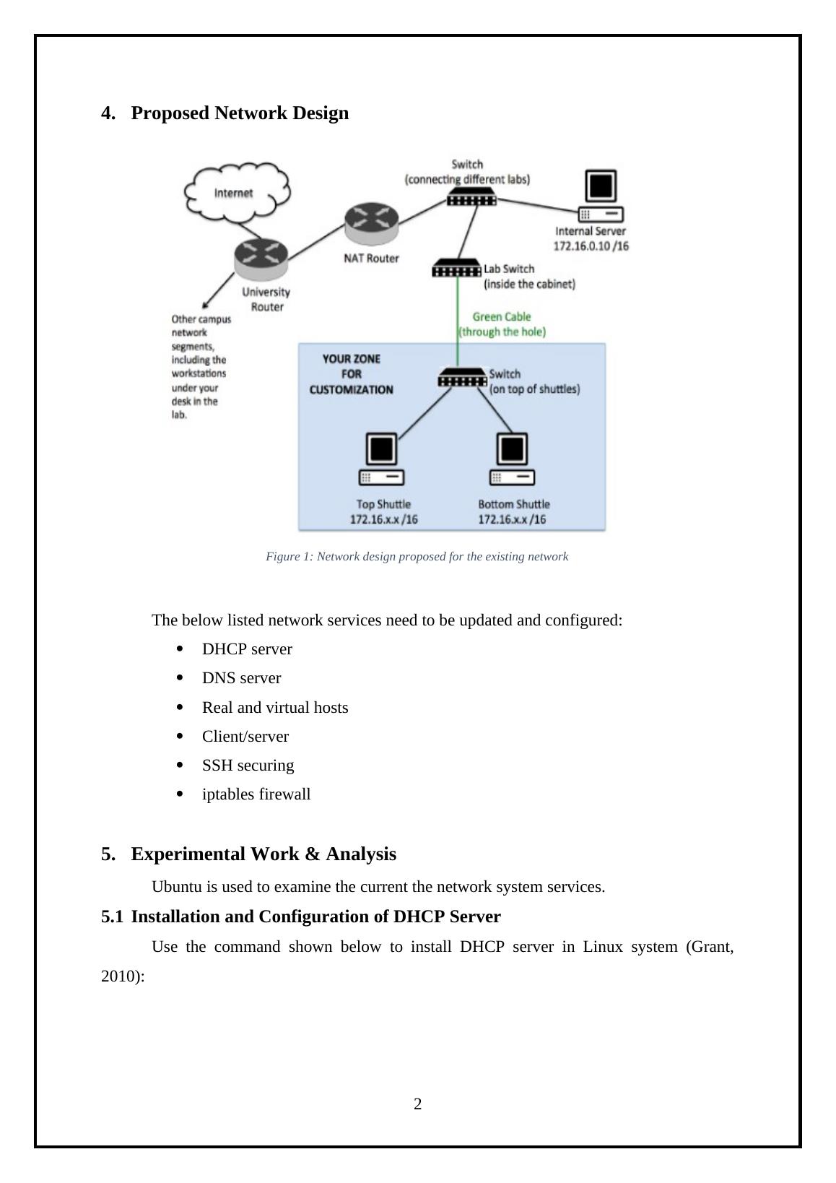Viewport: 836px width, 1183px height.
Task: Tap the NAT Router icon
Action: pos(371,224)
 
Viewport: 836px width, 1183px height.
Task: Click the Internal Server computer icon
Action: pos(601,196)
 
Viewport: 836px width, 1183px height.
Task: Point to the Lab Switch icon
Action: pos(456,269)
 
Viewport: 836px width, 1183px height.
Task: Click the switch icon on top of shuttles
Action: pos(462,378)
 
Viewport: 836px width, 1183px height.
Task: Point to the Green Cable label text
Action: pos(502,324)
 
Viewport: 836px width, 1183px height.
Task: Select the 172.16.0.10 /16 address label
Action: pos(591,246)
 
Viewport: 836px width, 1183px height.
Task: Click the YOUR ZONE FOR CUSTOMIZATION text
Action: pos(352,374)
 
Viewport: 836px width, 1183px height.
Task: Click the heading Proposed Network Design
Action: pos(240,113)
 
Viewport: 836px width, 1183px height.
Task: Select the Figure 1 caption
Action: pos(417,557)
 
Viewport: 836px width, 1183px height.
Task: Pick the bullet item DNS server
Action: pos(241,678)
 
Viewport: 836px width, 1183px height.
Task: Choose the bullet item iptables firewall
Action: pos(256,794)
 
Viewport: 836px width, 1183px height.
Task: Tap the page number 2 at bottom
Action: pos(418,1104)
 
